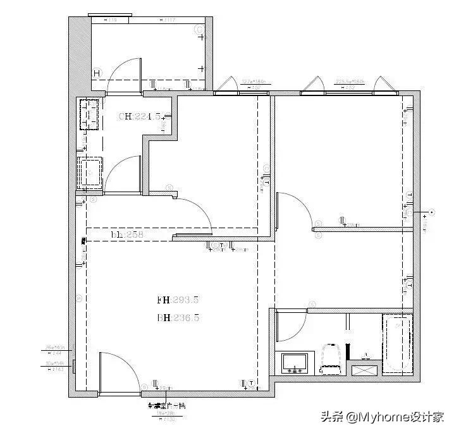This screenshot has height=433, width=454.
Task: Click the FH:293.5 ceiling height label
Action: pyautogui.click(x=178, y=300)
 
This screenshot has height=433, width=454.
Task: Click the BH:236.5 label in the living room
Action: pyautogui.click(x=178, y=319)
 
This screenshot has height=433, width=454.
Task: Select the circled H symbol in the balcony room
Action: pyautogui.click(x=97, y=73)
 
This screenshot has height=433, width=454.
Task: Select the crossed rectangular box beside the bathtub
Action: pyautogui.click(x=365, y=371)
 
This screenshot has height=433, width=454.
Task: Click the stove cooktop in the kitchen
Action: pyautogui.click(x=90, y=114)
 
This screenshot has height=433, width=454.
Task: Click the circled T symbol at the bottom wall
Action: pyautogui.click(x=252, y=383)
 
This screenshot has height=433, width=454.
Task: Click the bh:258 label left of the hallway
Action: pyautogui.click(x=128, y=235)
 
